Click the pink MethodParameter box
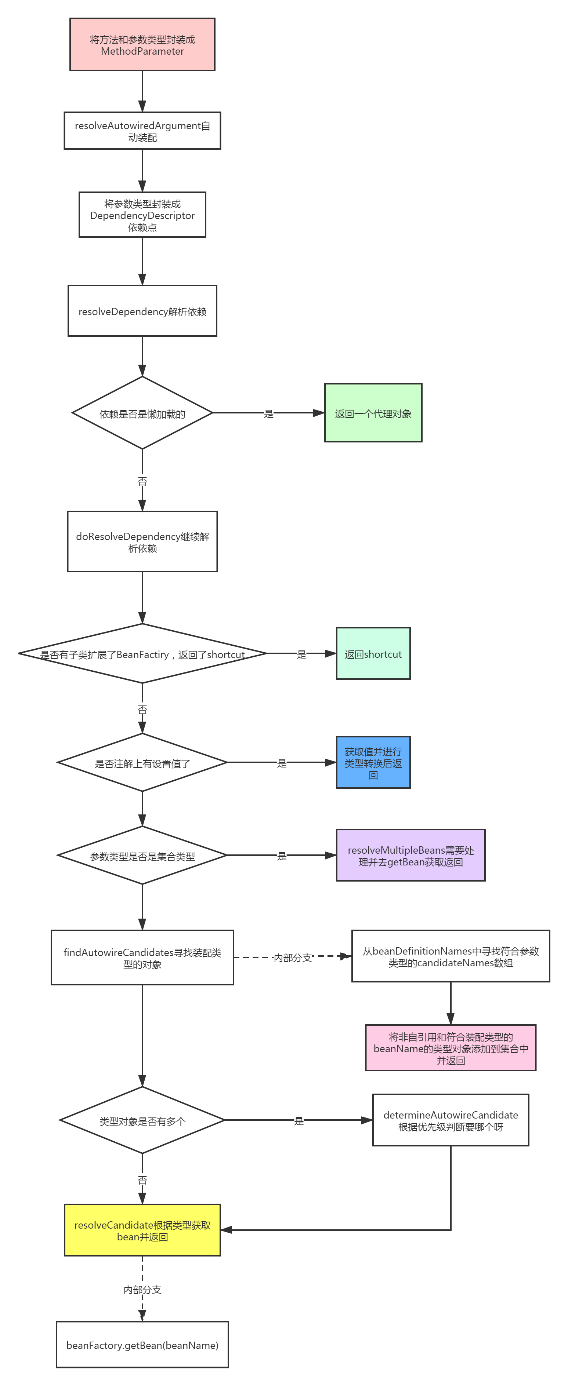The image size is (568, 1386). pos(142,45)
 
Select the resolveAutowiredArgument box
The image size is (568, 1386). pos(142,131)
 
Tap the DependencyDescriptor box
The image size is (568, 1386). pos(142,215)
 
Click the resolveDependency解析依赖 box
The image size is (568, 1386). pos(142,311)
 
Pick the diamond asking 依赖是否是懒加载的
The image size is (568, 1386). pos(142,413)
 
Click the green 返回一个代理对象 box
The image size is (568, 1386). pos(373,413)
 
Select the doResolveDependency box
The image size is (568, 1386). pos(142,541)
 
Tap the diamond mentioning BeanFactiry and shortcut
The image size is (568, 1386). pos(142,654)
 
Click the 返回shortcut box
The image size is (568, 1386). pos(373,654)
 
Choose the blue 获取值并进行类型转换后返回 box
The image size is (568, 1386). pos(373,762)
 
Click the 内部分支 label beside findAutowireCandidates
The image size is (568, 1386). pos(292,957)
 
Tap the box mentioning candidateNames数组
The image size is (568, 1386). pos(450,956)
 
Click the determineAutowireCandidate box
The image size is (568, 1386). pos(450,1120)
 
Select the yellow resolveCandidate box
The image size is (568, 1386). pos(142,1230)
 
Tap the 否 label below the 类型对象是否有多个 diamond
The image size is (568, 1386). pos(142,1179)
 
